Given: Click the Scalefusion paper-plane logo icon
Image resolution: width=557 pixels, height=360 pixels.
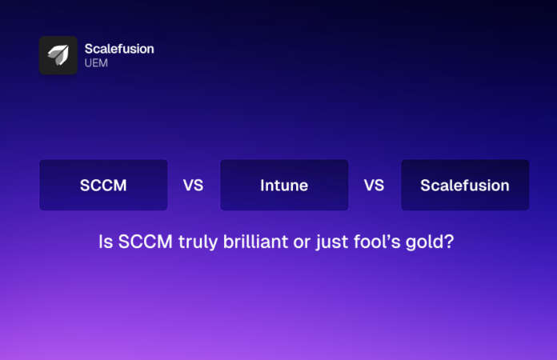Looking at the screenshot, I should (58, 55).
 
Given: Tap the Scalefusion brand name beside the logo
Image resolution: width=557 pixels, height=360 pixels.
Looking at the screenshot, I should (119, 49).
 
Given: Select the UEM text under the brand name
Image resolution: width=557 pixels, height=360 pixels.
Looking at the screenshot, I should (96, 63).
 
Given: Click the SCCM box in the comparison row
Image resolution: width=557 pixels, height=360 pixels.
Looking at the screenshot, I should (103, 186).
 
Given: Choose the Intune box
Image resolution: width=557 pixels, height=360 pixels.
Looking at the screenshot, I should (284, 186).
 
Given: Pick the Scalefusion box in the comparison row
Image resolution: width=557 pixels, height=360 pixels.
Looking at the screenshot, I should (465, 186).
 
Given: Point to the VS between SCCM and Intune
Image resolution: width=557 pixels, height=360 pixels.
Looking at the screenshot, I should (193, 186).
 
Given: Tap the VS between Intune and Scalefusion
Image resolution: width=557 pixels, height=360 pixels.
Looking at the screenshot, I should (374, 186).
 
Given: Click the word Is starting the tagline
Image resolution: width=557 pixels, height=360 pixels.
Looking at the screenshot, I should (104, 241).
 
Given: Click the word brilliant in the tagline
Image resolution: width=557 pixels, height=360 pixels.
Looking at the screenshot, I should (254, 241).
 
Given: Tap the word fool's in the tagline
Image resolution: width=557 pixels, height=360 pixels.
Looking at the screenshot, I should (376, 241).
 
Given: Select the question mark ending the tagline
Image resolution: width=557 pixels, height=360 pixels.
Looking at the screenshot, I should (450, 241).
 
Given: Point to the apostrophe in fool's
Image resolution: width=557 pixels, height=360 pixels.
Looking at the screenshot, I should (387, 235).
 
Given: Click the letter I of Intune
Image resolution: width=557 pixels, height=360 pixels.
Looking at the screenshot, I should (262, 186).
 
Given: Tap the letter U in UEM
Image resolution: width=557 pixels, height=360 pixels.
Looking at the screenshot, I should (89, 63).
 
